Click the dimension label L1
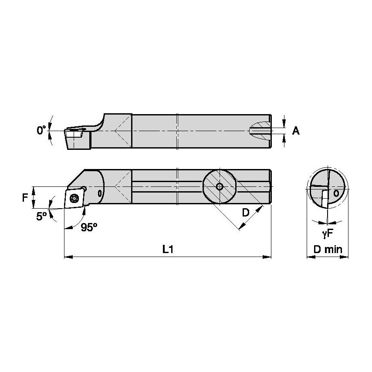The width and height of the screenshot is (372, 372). coord(167,249)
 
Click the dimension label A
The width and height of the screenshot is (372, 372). coord(296,131)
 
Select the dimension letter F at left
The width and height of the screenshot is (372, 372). coord(25,197)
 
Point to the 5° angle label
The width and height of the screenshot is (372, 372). coord(42,216)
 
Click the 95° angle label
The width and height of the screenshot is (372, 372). coord(89,227)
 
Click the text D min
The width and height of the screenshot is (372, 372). coord(328,250)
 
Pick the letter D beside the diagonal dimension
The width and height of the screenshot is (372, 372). coord(246,213)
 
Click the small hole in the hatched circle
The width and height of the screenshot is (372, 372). coord(220,187)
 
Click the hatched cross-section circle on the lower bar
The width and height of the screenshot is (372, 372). coord(220,187)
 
